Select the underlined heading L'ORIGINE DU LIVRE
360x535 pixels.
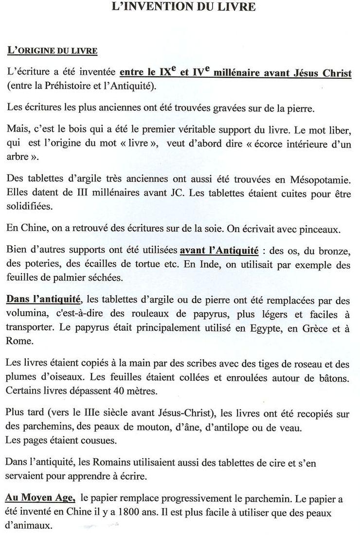53,51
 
